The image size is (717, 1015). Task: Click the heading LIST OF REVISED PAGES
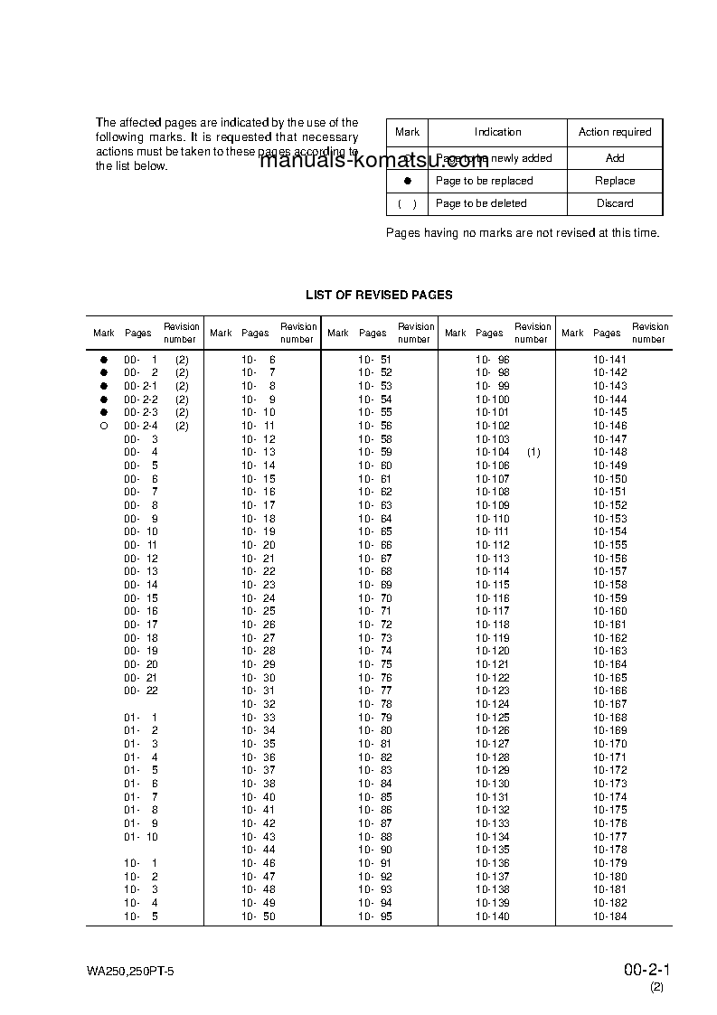(379, 295)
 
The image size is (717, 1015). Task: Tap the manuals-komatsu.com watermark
(373, 162)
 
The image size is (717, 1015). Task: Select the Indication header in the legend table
(497, 132)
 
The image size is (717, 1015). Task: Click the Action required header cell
(615, 132)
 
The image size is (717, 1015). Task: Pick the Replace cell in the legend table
(615, 181)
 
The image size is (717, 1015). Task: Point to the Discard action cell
(615, 203)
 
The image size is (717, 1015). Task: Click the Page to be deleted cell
(481, 203)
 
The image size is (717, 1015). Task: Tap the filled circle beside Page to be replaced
(408, 181)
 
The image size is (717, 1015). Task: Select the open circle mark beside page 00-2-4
(104, 426)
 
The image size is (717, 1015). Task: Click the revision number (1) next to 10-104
(533, 452)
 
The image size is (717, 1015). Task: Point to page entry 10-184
(609, 916)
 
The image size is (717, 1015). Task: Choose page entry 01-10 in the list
(141, 837)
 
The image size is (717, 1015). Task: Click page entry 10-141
(609, 360)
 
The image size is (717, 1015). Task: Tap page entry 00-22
(141, 691)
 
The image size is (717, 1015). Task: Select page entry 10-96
(493, 360)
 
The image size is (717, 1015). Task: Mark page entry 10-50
(259, 916)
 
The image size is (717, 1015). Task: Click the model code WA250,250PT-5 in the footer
(130, 973)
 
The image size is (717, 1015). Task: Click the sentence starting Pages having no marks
(523, 233)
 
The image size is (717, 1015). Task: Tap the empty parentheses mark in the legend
(408, 203)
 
